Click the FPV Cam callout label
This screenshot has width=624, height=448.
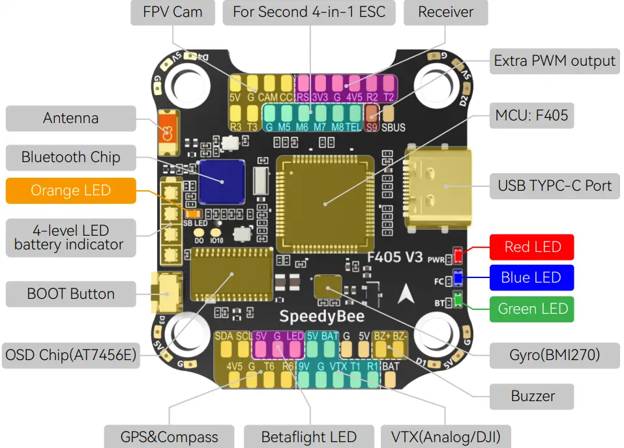[x=173, y=12]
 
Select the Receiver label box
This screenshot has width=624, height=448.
[x=445, y=12]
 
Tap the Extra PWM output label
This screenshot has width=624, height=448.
[x=554, y=61]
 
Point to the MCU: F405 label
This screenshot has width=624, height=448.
[x=531, y=117]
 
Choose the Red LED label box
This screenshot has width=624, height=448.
[x=532, y=247]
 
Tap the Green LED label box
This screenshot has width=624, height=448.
[x=532, y=309]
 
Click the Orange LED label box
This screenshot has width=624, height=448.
[x=70, y=191]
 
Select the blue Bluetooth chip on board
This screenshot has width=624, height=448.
[x=222, y=181]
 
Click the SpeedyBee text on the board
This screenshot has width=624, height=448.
[x=321, y=316]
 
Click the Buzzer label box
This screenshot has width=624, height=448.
[x=533, y=396]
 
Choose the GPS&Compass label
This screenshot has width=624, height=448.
[x=169, y=436]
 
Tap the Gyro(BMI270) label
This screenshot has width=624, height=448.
[x=554, y=355]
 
